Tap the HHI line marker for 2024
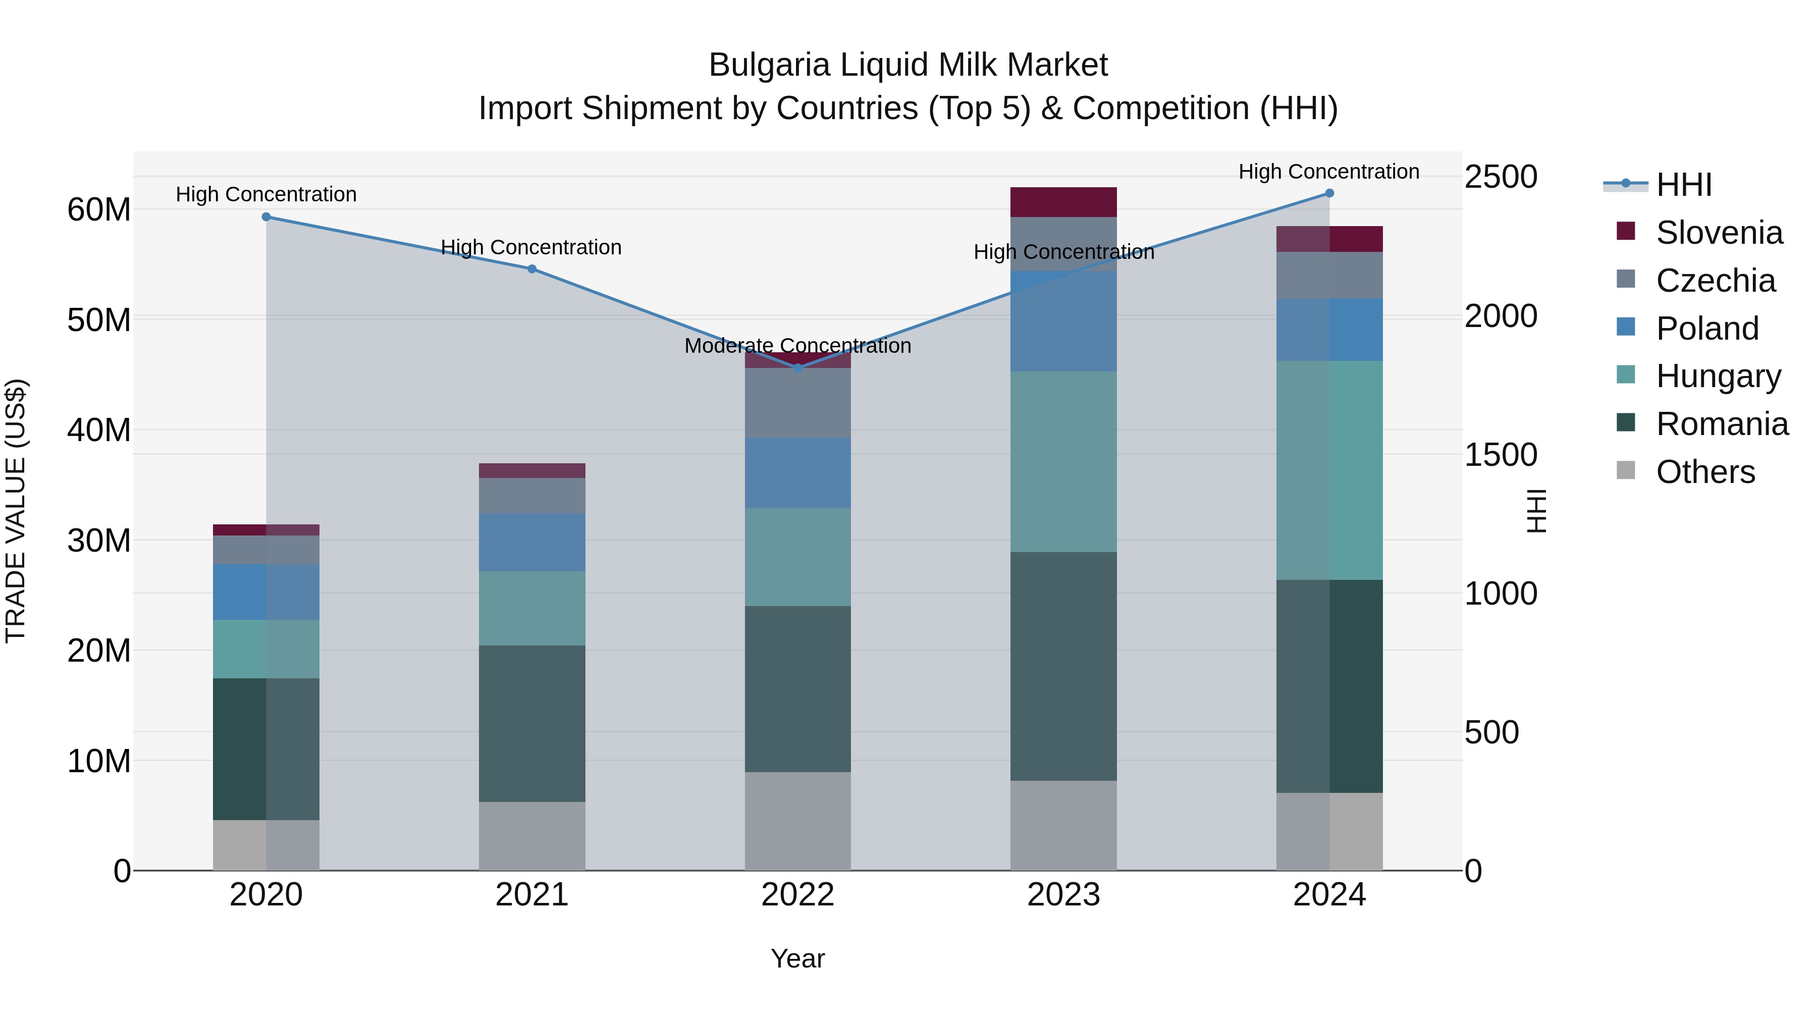[1329, 193]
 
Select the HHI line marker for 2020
[266, 217]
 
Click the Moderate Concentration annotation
[798, 346]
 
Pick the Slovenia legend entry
[1719, 233]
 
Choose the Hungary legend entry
[1718, 376]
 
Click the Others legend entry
[1705, 472]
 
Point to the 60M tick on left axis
[99, 210]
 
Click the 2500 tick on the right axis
[1501, 177]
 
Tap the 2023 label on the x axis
[1063, 895]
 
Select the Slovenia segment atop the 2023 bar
[1063, 202]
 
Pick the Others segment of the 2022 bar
[798, 821]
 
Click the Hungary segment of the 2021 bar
[532, 608]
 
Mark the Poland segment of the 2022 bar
[798, 472]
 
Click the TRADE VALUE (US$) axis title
[16, 511]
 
